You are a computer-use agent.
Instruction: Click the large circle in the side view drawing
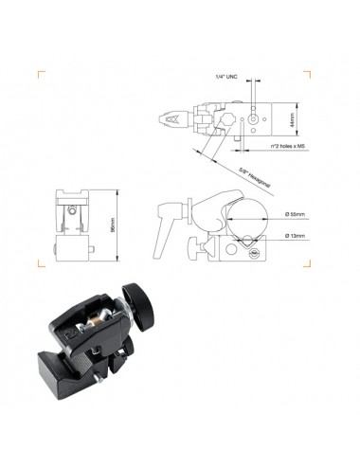pos(235,216)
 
